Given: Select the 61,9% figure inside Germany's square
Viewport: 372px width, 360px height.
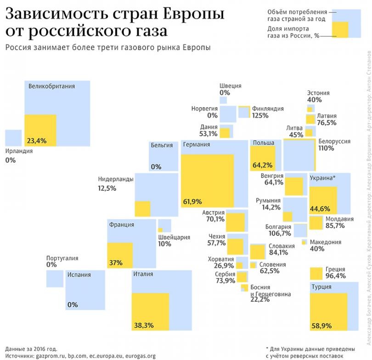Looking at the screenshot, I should point(192,201).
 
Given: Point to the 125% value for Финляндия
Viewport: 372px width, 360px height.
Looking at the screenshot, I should point(260,116).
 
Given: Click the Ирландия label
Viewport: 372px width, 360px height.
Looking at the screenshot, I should point(19,150).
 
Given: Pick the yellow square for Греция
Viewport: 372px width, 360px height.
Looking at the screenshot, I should point(316,274).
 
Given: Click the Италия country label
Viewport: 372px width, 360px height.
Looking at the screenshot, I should point(143,275).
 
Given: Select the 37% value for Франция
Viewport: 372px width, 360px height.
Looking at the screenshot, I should point(116,263).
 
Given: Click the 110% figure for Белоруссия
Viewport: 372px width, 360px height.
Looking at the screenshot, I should point(326,149).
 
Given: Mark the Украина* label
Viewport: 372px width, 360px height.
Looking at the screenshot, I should point(323,178).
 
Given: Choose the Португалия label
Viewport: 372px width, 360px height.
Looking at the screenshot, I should point(62,258).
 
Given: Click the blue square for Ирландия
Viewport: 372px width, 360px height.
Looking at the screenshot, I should point(13,137).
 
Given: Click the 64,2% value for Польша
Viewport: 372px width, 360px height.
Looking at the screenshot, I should point(262,165).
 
